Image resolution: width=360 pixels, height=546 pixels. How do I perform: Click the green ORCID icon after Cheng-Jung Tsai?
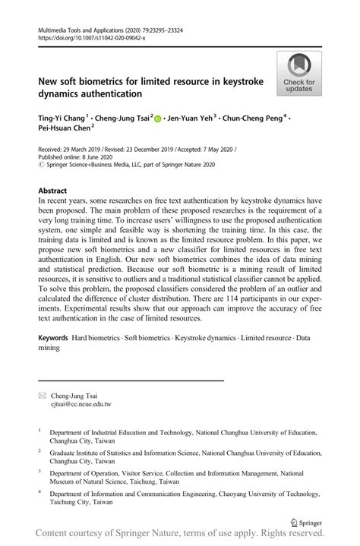pos(158,119)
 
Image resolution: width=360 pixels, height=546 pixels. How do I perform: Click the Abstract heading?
pos(52,191)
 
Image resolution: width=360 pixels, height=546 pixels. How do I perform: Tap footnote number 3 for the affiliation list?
pos(39,472)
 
